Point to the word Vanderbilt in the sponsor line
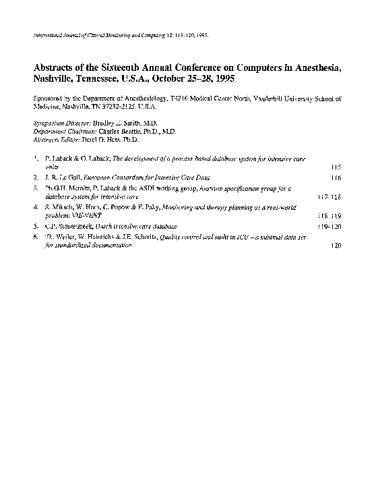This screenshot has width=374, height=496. pos(273,99)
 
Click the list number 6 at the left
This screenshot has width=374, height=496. pos(34,238)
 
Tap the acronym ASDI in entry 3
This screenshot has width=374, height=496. pos(137,190)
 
